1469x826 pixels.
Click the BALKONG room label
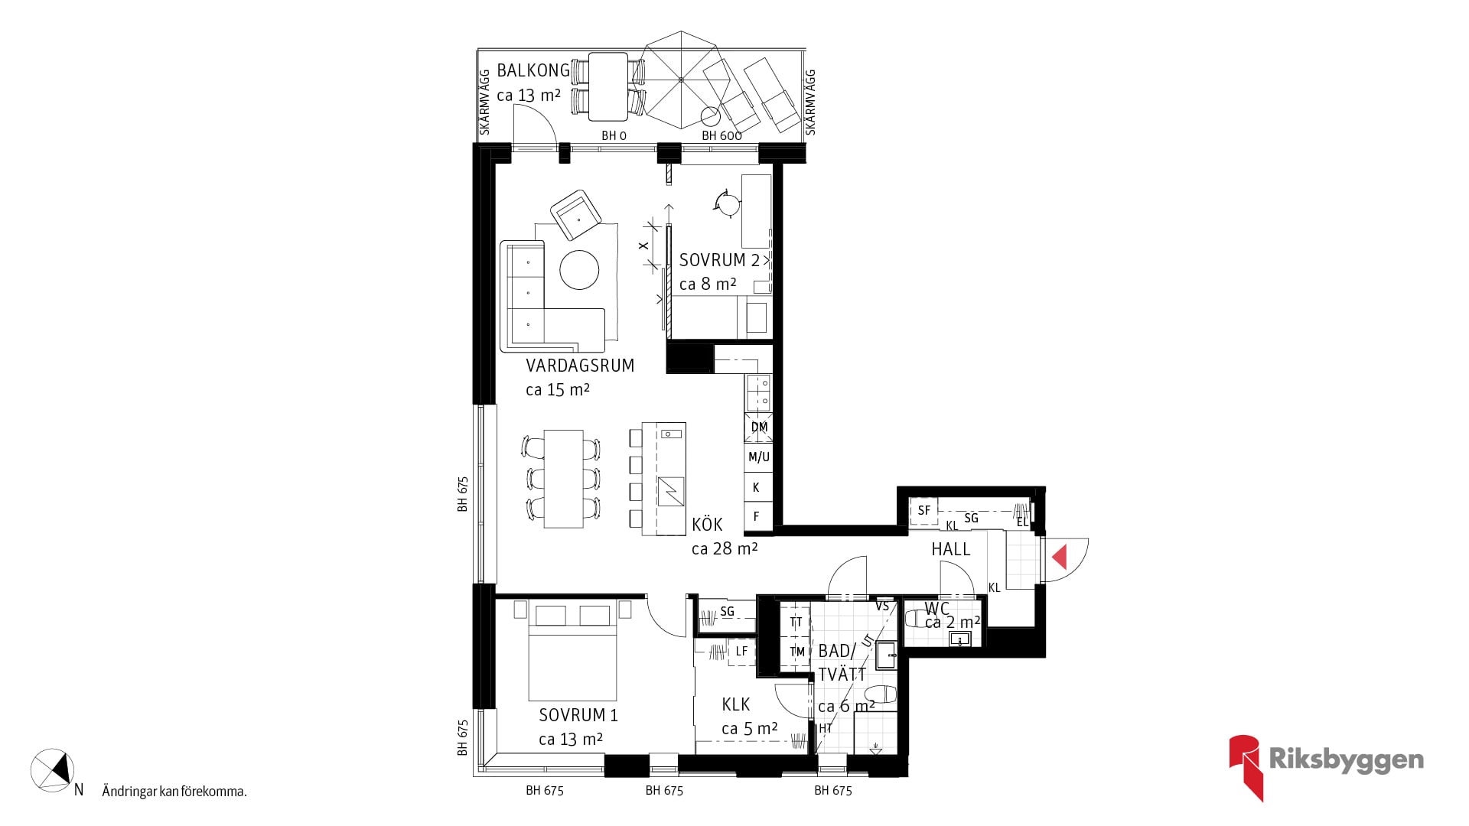(533, 70)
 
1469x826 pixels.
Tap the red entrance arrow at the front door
(1060, 556)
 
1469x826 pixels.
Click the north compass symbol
(52, 769)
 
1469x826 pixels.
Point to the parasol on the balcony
(680, 80)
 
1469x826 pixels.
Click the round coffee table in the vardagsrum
(579, 270)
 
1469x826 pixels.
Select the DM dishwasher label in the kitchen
(759, 428)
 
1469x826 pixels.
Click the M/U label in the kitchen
(759, 457)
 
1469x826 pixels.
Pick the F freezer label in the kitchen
(757, 517)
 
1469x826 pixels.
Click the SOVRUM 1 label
(578, 715)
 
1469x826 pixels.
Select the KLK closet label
(735, 704)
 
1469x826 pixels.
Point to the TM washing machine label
(797, 652)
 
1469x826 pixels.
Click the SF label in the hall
(924, 510)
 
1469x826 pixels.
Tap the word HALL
(950, 549)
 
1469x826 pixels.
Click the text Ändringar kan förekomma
(174, 792)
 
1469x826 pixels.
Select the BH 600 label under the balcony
(721, 135)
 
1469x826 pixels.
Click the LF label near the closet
(741, 652)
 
